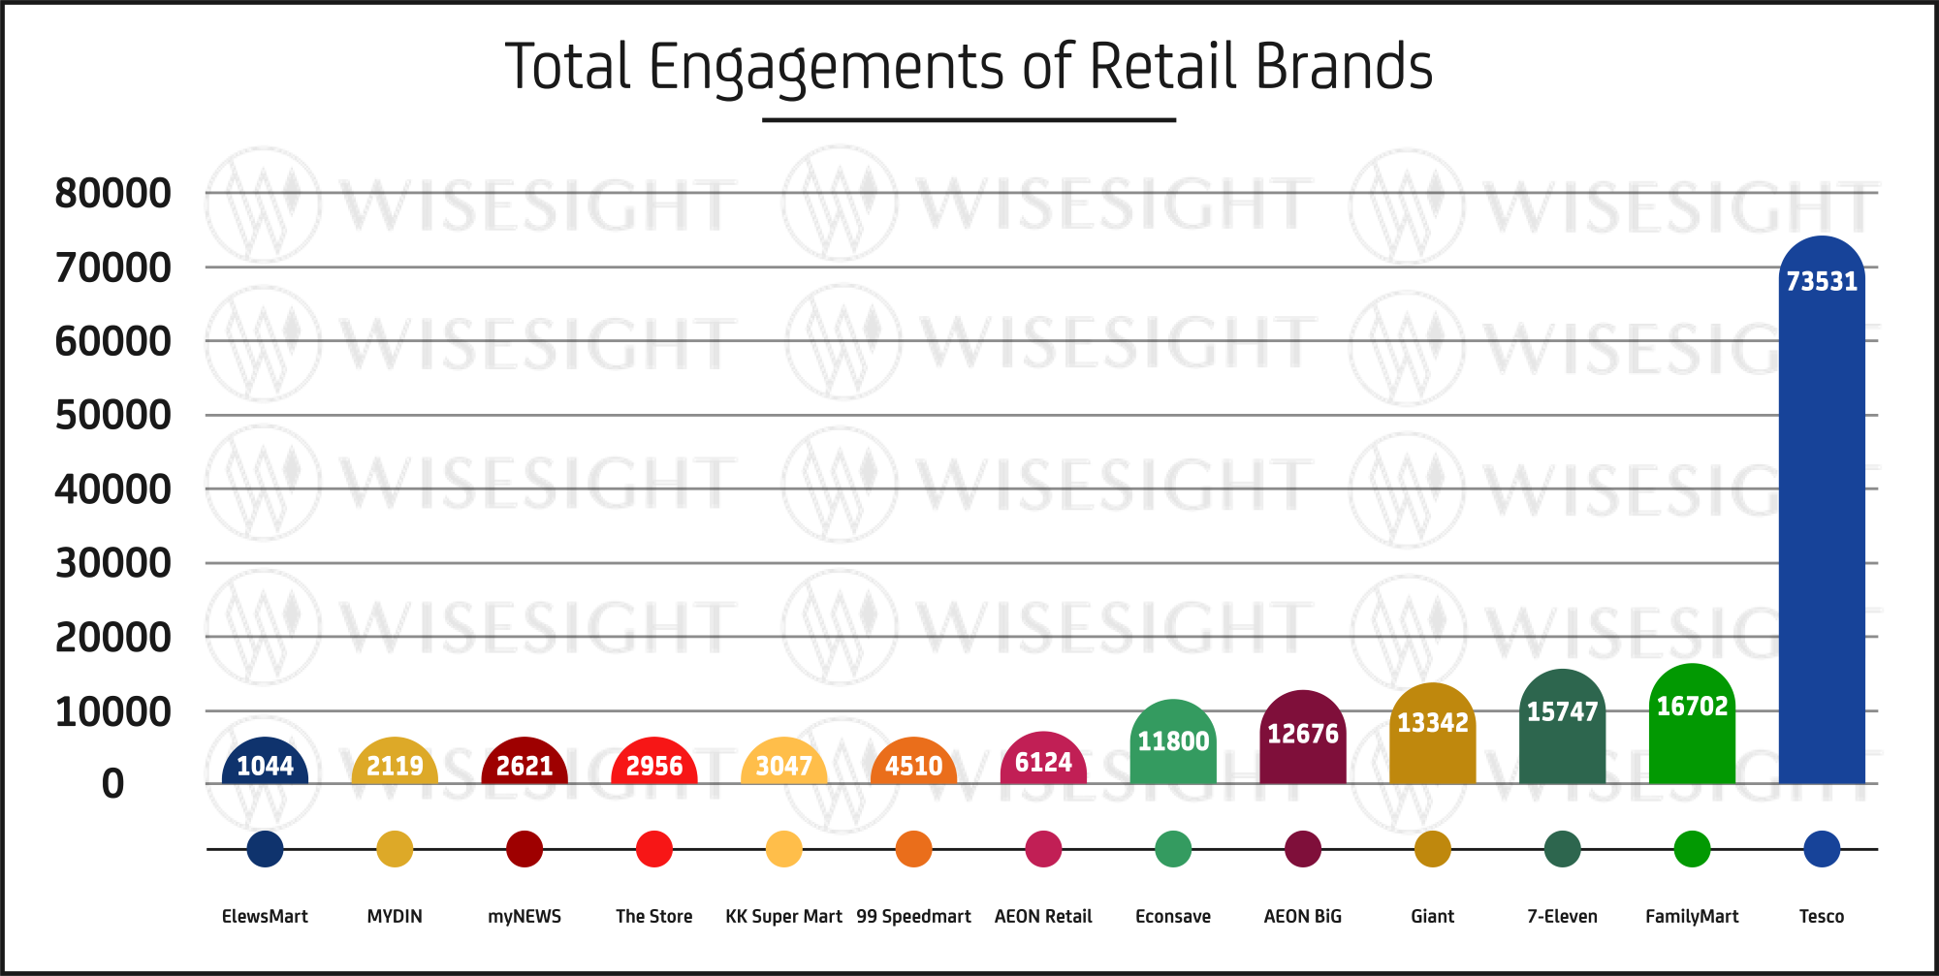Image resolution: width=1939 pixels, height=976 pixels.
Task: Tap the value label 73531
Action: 1822,282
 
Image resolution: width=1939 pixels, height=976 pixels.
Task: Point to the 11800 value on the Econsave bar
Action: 1173,741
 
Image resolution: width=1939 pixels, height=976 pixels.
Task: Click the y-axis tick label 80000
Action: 112,194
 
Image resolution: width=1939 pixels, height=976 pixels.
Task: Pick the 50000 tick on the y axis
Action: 112,416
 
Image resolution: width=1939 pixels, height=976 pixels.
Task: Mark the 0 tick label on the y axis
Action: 112,784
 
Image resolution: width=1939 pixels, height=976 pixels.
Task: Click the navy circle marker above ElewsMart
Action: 265,849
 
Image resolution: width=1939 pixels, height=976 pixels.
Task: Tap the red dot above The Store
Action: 654,849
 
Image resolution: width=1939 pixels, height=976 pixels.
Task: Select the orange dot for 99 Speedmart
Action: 913,849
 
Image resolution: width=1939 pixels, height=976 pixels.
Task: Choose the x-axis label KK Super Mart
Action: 783,917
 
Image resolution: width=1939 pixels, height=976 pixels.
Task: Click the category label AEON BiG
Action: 1303,917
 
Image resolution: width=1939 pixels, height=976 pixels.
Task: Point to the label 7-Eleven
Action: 1562,917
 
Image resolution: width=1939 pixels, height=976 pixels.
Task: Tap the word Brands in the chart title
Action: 1343,68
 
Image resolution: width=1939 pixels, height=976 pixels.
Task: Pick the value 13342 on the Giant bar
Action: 1433,723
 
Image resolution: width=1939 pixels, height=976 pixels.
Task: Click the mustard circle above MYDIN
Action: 395,849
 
